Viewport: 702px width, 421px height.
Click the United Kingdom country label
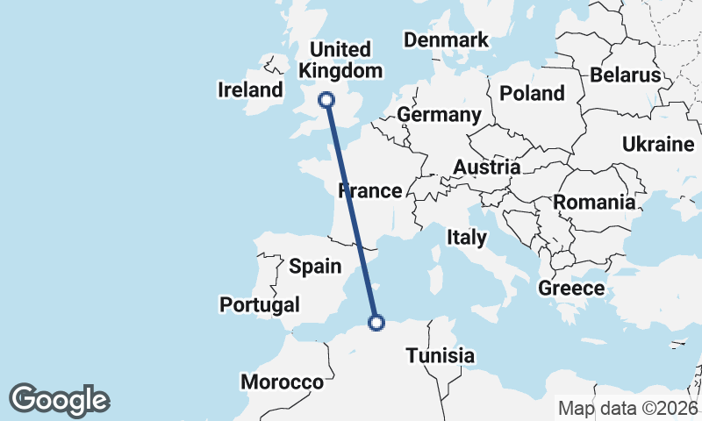[340, 60]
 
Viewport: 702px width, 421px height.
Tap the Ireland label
[251, 89]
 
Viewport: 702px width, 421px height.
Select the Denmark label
[446, 40]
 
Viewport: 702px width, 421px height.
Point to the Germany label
[439, 115]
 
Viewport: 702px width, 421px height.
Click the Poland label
[532, 93]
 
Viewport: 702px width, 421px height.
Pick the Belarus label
[625, 75]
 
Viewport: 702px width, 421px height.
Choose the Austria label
[486, 167]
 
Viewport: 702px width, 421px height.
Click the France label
[369, 190]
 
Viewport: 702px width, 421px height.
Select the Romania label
[593, 203]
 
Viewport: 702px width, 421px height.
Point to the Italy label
[466, 236]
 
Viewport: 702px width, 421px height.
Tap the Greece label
[571, 288]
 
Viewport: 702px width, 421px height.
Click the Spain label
[315, 266]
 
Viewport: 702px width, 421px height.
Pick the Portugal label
[259, 304]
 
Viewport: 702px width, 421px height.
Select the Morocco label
[283, 382]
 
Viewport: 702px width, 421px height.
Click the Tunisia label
[440, 355]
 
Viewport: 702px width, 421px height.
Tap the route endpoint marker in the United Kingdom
[327, 100]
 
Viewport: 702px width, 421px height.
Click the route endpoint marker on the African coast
[376, 323]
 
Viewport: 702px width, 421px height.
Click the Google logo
[59, 399]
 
